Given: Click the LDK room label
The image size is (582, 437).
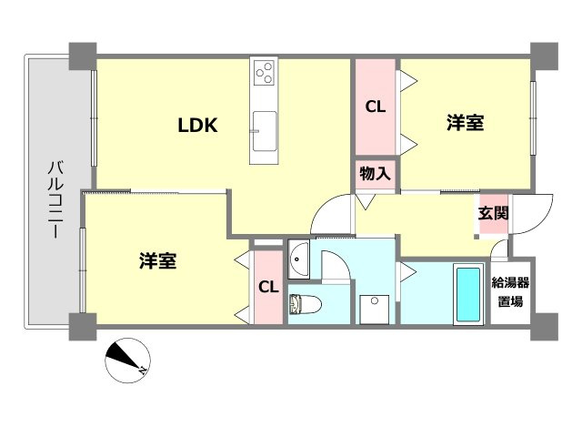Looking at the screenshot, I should [196, 127].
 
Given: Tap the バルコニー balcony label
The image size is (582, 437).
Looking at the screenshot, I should [54, 199].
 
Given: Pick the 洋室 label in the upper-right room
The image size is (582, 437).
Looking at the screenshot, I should [464, 124].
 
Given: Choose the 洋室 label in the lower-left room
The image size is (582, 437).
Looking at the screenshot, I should [157, 260].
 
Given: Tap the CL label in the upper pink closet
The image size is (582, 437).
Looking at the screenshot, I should [375, 107].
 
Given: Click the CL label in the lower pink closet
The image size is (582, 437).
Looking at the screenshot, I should [267, 288].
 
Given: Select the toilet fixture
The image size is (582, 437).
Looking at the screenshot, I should [301, 303].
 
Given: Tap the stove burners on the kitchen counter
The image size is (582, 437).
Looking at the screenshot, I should [265, 71].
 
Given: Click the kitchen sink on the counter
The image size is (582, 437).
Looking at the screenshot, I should [265, 128].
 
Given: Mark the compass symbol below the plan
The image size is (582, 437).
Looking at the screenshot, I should [126, 359].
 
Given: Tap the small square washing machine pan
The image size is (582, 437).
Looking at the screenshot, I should [374, 307].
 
